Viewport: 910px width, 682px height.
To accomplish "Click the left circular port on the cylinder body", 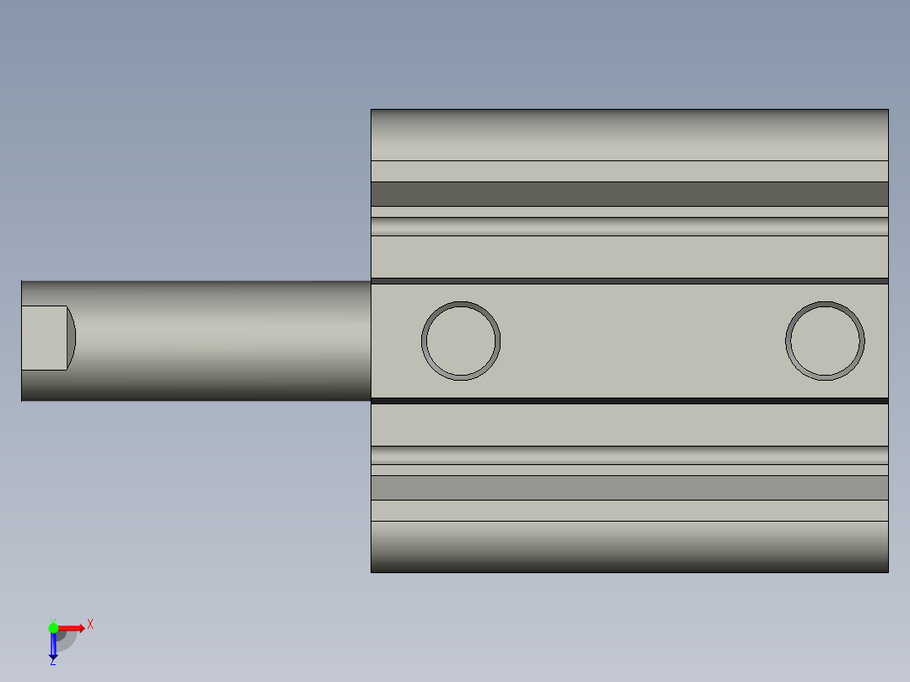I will tap(461, 340).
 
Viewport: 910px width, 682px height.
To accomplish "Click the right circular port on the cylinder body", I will tap(825, 340).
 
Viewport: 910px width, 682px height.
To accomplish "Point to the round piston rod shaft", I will tap(219, 340).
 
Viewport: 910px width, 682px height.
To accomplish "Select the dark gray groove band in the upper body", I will tap(630, 194).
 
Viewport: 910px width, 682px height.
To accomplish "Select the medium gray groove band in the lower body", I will tap(630, 487).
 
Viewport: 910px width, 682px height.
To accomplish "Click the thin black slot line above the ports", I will tap(630, 281).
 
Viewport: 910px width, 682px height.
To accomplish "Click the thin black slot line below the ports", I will tap(630, 401).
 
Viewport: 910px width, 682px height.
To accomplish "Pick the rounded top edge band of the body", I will tap(630, 134).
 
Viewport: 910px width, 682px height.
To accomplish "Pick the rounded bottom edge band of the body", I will tap(630, 546).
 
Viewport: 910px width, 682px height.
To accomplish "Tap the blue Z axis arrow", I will tap(53, 647).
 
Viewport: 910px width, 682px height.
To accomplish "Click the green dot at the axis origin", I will tap(53, 627).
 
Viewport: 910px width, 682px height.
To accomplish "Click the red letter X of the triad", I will tap(90, 624).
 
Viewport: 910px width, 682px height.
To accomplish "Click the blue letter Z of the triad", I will tap(52, 663).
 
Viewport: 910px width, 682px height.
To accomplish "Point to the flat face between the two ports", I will tap(642, 340).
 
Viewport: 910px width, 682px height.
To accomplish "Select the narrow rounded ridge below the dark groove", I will tap(630, 226).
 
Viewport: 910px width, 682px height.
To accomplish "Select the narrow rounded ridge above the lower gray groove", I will tap(630, 455).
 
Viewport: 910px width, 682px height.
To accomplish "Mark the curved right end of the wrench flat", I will tap(72, 338).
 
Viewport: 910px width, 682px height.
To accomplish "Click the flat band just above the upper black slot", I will tap(630, 257).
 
